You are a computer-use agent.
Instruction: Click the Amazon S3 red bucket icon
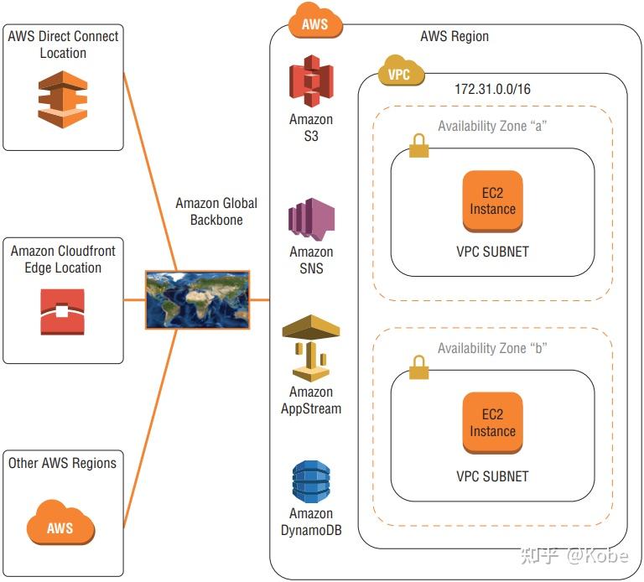click(x=311, y=81)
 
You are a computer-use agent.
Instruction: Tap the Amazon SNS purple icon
click(x=311, y=219)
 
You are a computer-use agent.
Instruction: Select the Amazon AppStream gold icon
click(x=311, y=347)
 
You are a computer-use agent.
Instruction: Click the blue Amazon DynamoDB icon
click(x=311, y=481)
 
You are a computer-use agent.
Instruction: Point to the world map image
click(x=197, y=299)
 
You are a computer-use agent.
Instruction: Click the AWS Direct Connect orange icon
click(x=63, y=99)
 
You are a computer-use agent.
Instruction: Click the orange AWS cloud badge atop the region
click(x=315, y=23)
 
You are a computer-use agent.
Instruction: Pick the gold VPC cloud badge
click(x=400, y=73)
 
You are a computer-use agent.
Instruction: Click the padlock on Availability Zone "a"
click(x=418, y=148)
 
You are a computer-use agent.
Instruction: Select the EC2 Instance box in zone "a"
click(x=492, y=201)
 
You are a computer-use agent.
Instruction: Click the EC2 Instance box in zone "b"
click(x=492, y=424)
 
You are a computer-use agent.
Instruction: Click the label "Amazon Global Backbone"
click(x=216, y=211)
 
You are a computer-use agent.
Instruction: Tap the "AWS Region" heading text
click(x=454, y=36)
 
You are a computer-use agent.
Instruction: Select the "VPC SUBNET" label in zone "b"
click(x=492, y=475)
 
